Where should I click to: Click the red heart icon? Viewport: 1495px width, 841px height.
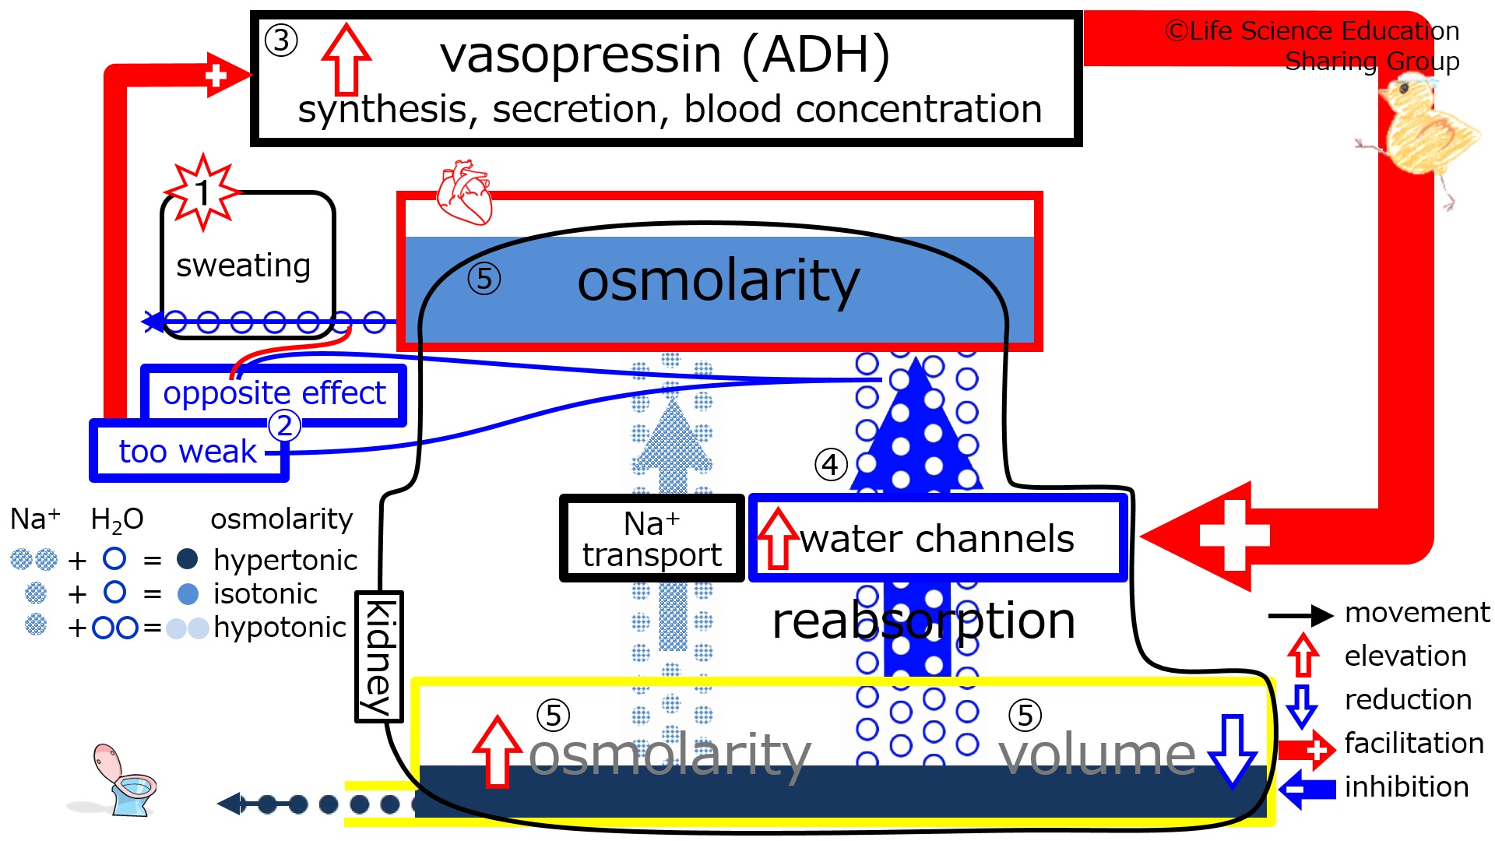[x=464, y=192]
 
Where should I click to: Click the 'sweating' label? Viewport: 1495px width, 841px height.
[x=244, y=266]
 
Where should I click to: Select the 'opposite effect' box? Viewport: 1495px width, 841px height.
[x=274, y=395]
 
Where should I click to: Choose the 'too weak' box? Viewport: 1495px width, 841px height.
[x=189, y=451]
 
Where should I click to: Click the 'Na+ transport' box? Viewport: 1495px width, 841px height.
[x=652, y=538]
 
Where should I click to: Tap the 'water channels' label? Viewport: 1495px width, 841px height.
[x=937, y=539]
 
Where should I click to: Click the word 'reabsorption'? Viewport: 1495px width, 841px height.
[x=923, y=621]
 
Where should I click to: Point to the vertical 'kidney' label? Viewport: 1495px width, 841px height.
[x=379, y=656]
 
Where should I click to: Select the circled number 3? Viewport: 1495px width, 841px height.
[x=281, y=40]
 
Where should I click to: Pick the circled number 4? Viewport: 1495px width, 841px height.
[x=831, y=465]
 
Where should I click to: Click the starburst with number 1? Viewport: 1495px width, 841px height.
[x=202, y=192]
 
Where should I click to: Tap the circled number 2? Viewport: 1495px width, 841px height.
[x=284, y=425]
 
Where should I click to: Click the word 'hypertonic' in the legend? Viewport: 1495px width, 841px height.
[x=285, y=560]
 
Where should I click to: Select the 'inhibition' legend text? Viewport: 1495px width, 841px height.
[x=1406, y=786]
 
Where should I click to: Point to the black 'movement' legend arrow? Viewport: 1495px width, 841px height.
[x=1300, y=616]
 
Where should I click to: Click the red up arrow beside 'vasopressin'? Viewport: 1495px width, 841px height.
[x=346, y=58]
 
